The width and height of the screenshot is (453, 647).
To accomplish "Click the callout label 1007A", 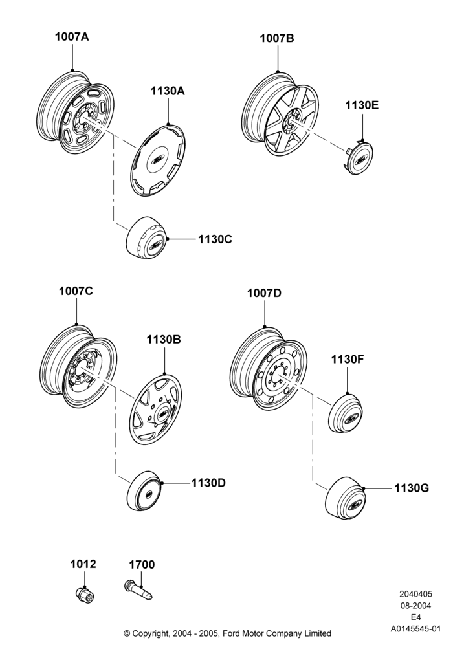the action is point(72,37).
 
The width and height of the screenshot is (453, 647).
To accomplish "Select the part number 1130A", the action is point(168,91).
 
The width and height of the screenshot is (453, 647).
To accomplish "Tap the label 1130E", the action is point(362,105).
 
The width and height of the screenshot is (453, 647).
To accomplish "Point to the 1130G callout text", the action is point(412,488).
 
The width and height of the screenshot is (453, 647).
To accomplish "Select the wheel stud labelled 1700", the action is point(138,590).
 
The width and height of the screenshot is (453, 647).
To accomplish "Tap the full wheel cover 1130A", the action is point(158,160).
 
